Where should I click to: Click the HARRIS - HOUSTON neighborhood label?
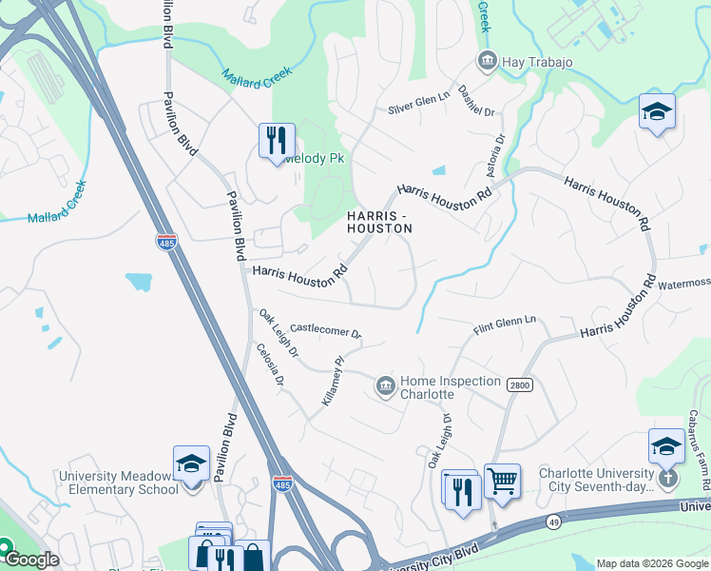[x=379, y=222]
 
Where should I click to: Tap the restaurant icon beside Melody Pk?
[x=277, y=140]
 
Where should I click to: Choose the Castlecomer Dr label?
[x=326, y=331]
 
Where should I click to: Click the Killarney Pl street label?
[x=331, y=381]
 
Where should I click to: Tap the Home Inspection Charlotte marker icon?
[x=386, y=385]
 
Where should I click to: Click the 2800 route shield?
[x=520, y=384]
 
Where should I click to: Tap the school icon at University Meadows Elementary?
[x=191, y=463]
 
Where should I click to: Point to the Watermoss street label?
[x=682, y=284]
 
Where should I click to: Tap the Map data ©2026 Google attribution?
[x=652, y=563]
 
